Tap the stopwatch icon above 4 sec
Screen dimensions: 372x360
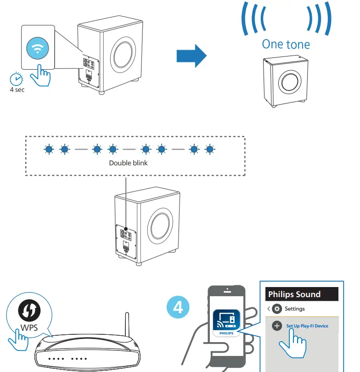(x=17, y=79)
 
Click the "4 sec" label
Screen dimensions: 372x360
(x=17, y=90)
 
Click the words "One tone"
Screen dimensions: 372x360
(x=286, y=44)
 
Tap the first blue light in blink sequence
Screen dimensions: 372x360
(x=48, y=149)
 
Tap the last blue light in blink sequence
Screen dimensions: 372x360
(x=210, y=149)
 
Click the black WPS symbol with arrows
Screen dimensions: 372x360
(x=27, y=312)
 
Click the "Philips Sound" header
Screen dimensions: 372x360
(x=294, y=294)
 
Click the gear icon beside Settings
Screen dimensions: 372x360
(x=276, y=309)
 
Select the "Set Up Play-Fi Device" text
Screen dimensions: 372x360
(x=307, y=326)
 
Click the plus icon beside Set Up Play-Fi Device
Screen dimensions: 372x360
(x=277, y=326)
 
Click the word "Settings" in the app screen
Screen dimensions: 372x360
(x=294, y=309)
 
